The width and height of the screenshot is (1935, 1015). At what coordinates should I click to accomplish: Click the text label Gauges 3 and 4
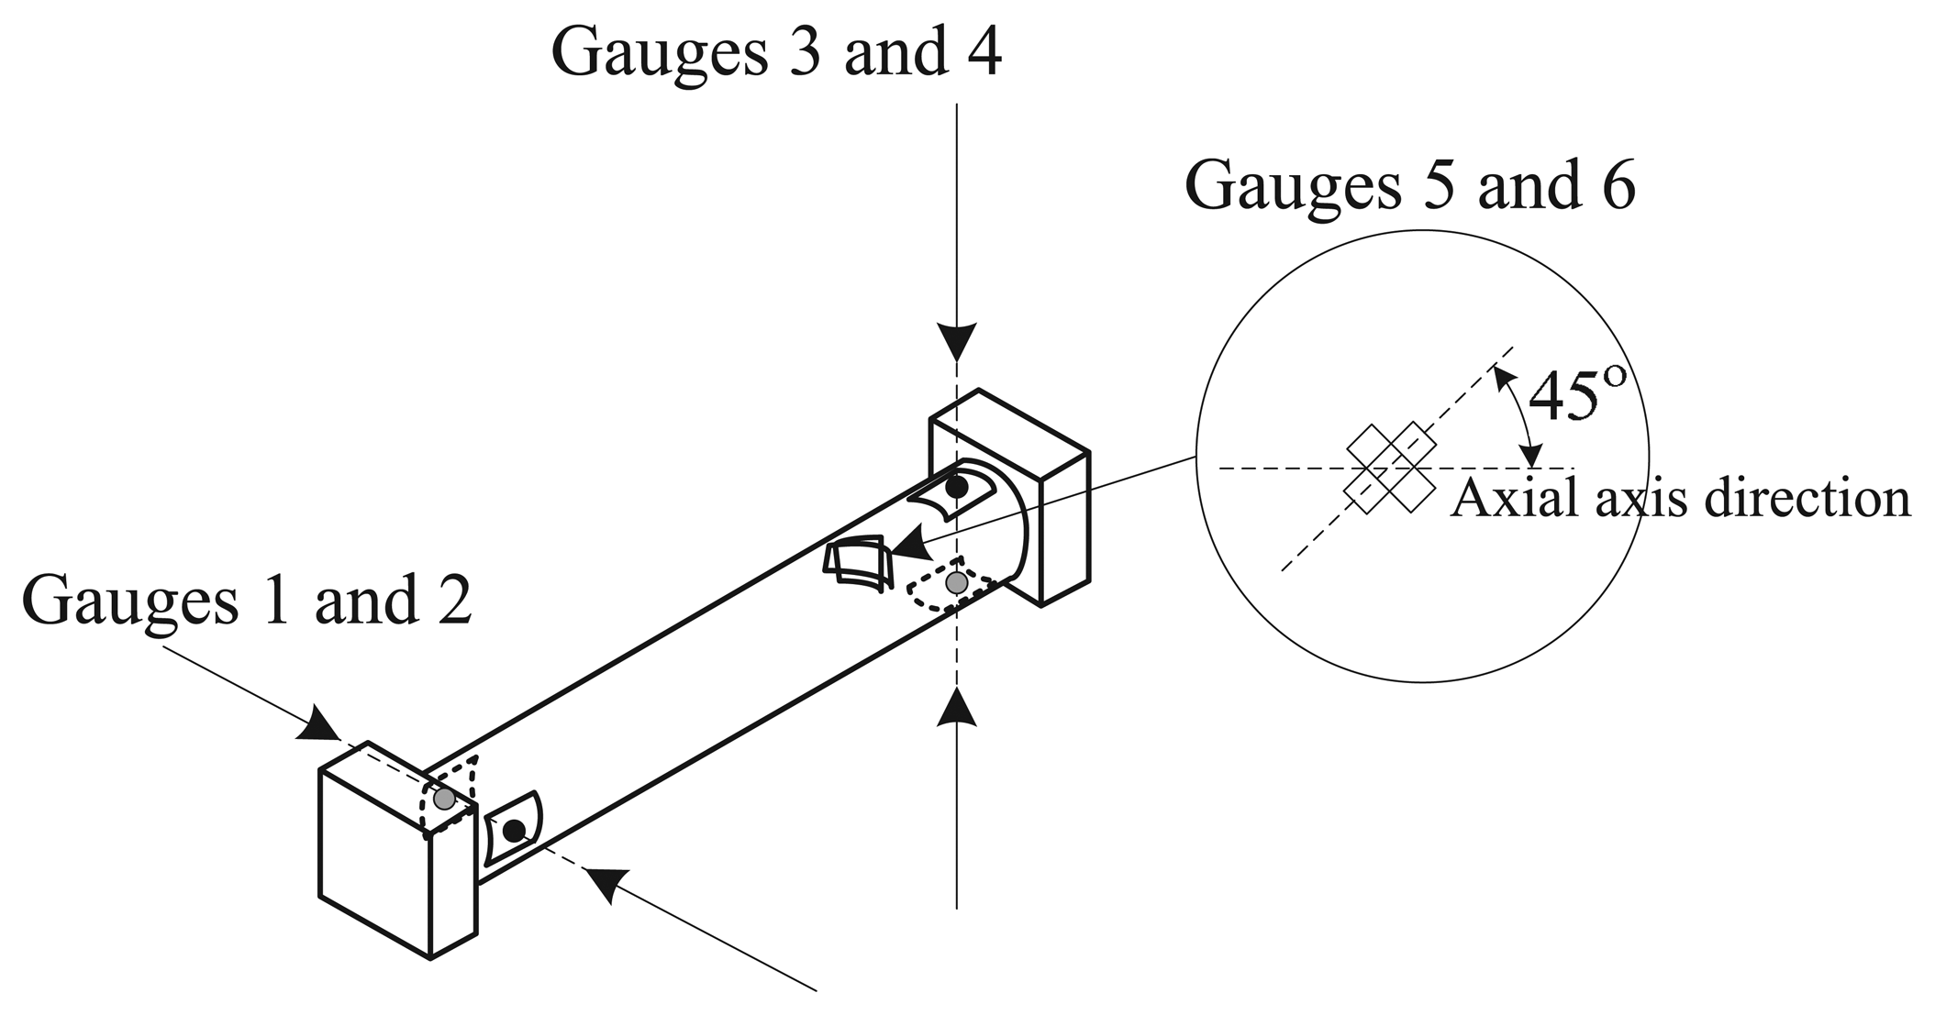(775, 53)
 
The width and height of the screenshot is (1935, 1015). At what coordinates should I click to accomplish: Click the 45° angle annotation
(1577, 396)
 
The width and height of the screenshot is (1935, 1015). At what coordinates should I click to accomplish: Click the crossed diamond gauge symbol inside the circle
(1390, 468)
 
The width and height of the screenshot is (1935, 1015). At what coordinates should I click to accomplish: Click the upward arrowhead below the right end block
(957, 705)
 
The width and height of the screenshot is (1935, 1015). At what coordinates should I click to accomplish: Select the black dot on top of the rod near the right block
(957, 487)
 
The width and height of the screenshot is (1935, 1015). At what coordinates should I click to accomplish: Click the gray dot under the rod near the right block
(957, 582)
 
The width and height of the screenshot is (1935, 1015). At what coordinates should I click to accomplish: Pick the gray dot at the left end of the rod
(444, 799)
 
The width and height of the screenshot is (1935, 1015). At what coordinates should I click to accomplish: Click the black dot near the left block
(515, 831)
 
